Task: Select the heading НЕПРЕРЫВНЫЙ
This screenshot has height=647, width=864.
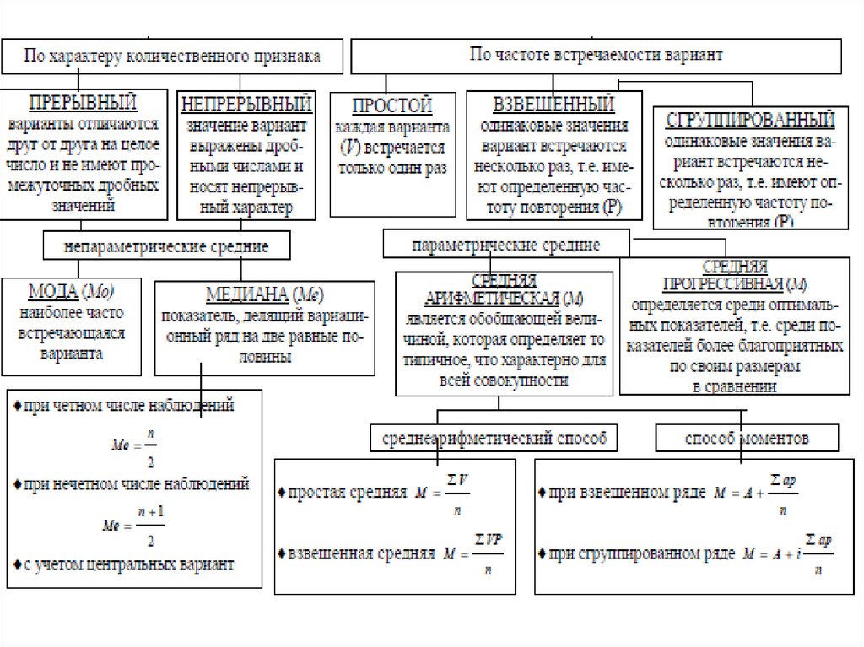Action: tap(246, 104)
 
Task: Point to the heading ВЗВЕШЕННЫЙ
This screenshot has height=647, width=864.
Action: tap(553, 104)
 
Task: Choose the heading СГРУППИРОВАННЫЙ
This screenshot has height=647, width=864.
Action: tap(749, 118)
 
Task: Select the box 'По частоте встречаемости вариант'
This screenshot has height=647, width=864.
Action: tap(596, 55)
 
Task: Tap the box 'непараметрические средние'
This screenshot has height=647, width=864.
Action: tap(167, 246)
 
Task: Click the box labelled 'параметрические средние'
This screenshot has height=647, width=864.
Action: tap(506, 245)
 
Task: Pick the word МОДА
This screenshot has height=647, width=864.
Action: tap(53, 292)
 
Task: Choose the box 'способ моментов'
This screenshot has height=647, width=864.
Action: tap(747, 438)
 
